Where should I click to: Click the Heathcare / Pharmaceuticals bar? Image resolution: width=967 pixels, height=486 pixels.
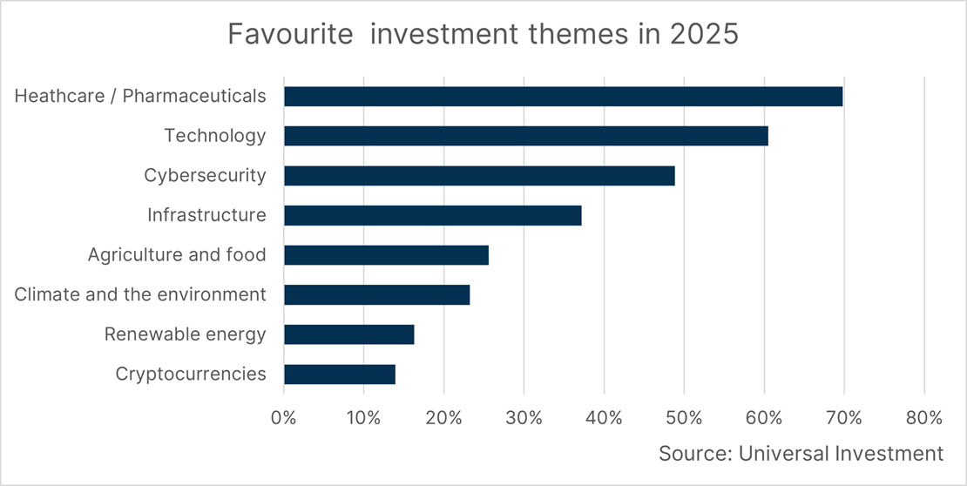[x=563, y=96]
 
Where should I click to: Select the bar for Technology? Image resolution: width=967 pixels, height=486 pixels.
[x=525, y=136]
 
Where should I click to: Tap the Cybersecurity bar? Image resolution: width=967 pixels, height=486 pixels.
[x=479, y=176]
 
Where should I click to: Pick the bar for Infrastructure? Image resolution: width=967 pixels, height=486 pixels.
[x=432, y=215]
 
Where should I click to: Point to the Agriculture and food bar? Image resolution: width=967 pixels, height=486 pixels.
[x=386, y=255]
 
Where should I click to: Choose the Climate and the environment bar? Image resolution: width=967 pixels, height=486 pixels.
[x=376, y=294]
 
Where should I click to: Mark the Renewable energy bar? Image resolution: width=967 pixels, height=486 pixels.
[x=348, y=334]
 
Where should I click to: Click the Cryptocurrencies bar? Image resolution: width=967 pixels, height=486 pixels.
[x=339, y=375]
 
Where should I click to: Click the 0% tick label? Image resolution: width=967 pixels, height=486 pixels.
[x=284, y=417]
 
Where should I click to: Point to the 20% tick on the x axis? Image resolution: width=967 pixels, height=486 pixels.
[x=443, y=417]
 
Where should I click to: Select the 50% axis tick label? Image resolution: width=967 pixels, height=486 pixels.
[x=684, y=417]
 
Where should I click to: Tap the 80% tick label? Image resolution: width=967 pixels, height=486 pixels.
[x=924, y=417]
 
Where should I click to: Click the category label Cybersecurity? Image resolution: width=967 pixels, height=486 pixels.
[x=205, y=176]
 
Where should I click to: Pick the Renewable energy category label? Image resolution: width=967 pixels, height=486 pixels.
[x=185, y=334]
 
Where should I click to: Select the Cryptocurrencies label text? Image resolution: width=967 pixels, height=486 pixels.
[x=191, y=375]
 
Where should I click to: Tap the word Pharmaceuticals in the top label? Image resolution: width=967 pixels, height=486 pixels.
[x=194, y=96]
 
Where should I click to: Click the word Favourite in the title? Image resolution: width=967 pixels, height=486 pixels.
[x=287, y=34]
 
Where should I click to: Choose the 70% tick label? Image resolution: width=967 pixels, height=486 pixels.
[x=844, y=417]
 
